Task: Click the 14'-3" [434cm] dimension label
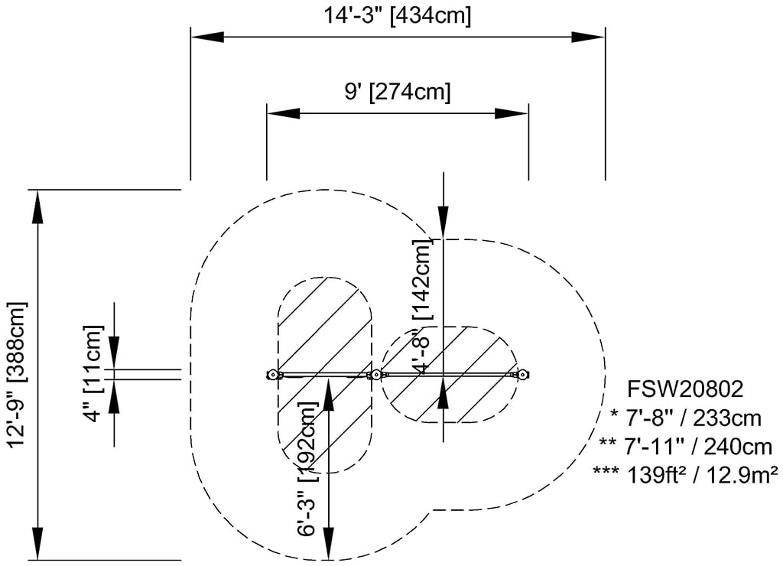click(398, 15)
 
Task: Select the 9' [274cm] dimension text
click(397, 93)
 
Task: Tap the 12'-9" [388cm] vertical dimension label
click(17, 374)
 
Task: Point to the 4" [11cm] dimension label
click(93, 374)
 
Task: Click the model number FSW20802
click(684, 389)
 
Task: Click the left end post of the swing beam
click(271, 375)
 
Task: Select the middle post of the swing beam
click(375, 375)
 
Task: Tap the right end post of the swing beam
click(523, 375)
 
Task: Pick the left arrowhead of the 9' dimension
click(282, 113)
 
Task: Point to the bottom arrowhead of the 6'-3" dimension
click(329, 544)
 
